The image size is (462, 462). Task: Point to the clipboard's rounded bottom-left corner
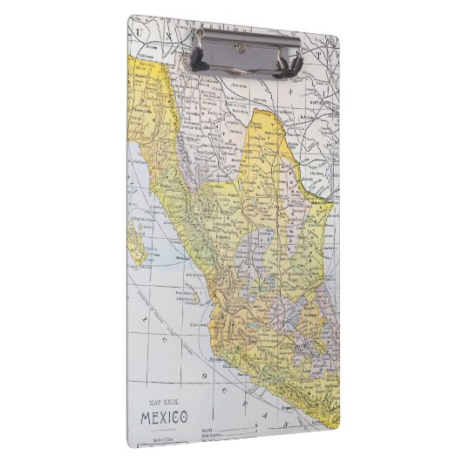click(x=133, y=443)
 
